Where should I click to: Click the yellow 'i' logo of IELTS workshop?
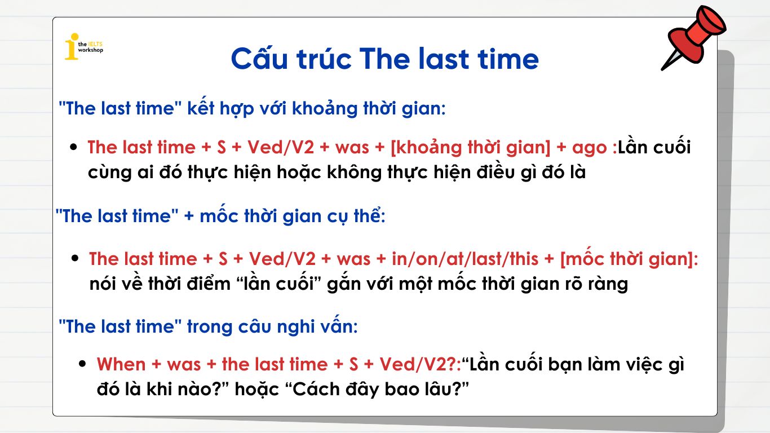71,46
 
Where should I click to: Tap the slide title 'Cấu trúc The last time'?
384,59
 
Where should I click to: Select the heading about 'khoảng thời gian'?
252,108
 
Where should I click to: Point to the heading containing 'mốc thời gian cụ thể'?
220,215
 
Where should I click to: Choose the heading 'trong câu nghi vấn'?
208,326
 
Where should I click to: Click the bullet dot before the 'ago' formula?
73,148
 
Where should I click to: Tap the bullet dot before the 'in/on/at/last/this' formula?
75,259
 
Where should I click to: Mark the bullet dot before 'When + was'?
83,364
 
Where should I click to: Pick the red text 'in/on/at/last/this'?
457,259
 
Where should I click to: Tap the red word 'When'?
121,364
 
